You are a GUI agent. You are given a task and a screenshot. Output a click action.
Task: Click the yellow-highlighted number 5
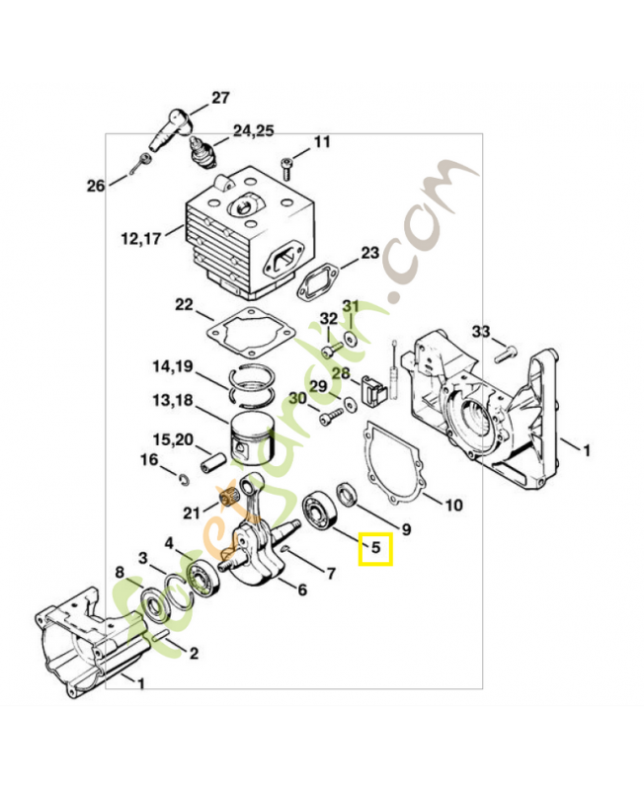[x=376, y=547]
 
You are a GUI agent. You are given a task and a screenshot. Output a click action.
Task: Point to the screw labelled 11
[x=286, y=169]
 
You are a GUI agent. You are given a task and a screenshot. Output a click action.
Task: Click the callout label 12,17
[x=141, y=238]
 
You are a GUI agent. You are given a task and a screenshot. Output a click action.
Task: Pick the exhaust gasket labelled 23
[x=316, y=284]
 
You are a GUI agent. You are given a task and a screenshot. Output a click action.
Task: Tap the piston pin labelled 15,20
[x=212, y=463]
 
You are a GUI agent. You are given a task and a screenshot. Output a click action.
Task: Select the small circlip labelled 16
[x=184, y=479]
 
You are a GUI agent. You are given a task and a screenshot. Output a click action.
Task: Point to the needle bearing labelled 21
[x=227, y=502]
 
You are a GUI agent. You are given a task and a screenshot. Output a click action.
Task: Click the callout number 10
[x=454, y=505]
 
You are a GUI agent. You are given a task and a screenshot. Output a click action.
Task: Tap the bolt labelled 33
[x=506, y=355]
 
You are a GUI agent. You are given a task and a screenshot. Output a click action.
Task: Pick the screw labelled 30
[x=332, y=416]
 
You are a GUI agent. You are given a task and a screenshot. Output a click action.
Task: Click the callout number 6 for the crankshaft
[x=302, y=589]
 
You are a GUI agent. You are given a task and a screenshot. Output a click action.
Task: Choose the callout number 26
[x=96, y=186]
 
